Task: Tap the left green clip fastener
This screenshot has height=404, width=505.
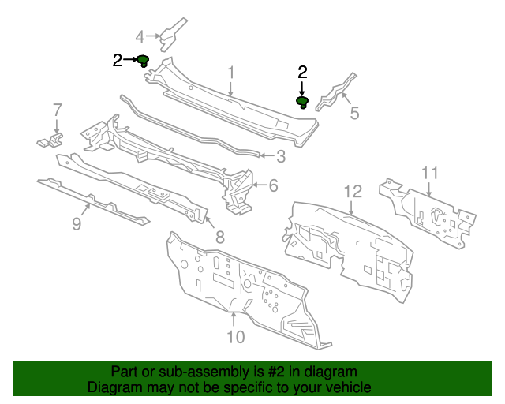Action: (144, 60)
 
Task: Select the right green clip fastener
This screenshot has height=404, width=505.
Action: (302, 101)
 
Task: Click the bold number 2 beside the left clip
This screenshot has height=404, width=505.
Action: (118, 60)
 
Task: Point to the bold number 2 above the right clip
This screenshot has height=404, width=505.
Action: (302, 72)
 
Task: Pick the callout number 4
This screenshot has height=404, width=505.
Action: (140, 36)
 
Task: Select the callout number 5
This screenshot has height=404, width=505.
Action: (354, 114)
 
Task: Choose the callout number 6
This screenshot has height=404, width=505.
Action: (273, 186)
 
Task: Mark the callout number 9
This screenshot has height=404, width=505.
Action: (77, 224)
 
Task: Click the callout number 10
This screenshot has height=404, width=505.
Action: (235, 337)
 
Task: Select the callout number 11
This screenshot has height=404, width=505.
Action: (428, 172)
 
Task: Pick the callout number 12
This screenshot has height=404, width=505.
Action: (352, 190)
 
